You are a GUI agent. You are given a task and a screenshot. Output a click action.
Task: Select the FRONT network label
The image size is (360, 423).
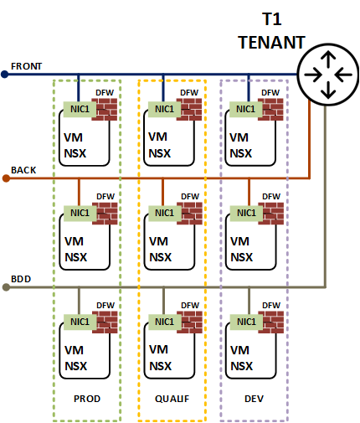click(x=27, y=66)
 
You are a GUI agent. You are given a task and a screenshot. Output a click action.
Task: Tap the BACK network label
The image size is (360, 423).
click(x=23, y=170)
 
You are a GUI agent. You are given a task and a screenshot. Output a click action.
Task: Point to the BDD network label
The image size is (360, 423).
click(x=22, y=278)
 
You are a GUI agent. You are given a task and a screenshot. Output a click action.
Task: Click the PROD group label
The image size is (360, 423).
click(x=87, y=399)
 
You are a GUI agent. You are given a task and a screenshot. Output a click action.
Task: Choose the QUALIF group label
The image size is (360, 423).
click(x=172, y=399)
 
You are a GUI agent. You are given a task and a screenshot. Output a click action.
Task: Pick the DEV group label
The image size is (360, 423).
click(x=254, y=399)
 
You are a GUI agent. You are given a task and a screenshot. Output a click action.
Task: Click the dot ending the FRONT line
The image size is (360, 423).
click(x=5, y=74)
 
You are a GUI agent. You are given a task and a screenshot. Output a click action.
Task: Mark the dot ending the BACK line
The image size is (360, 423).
click(x=5, y=178)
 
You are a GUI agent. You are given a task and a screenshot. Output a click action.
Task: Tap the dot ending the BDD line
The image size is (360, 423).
click(x=5, y=286)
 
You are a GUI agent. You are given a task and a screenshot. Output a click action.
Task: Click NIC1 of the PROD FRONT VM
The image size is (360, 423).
click(x=79, y=109)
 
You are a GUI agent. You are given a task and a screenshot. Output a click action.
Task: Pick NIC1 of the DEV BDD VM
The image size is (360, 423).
click(x=244, y=321)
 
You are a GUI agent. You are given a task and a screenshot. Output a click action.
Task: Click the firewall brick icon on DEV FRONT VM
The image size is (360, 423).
click(x=270, y=111)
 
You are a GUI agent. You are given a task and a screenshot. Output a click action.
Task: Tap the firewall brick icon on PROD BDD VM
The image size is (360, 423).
click(x=105, y=322)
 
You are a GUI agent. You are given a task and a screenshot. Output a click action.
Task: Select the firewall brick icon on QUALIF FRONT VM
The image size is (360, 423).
click(x=188, y=111)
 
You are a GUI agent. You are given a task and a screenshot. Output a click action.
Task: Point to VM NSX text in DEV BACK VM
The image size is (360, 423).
click(x=241, y=248)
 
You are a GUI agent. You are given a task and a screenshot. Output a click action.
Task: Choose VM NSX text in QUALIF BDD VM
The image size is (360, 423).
click(x=159, y=356)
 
